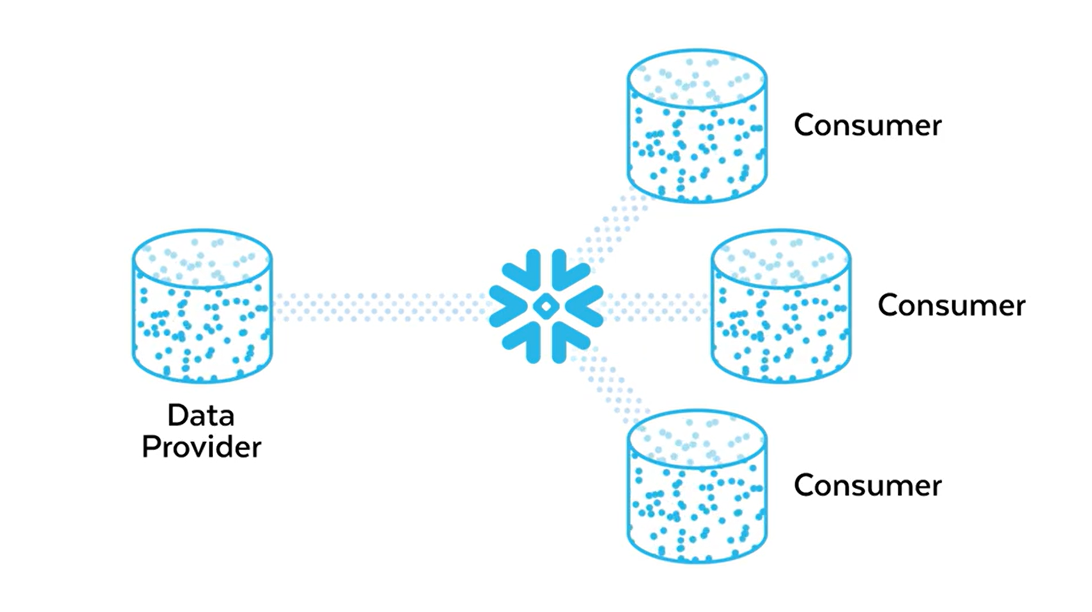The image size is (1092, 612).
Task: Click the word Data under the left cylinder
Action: pos(201,415)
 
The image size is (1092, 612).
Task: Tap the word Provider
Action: pos(201,447)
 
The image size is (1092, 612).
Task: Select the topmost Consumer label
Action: pos(867,125)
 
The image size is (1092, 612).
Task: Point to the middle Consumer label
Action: pos(952,305)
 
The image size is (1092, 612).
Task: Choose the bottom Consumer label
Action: pos(867,485)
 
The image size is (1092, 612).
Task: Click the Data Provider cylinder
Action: pos(202,306)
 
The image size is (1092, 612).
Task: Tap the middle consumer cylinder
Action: pos(781,306)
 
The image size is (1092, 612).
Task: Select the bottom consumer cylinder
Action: pos(696,486)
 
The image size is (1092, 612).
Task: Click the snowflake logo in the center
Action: pos(545,306)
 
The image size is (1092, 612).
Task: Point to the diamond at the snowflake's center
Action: pos(545,306)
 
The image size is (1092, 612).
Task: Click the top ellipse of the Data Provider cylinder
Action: pos(202,258)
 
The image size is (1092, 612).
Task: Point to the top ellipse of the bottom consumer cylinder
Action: pos(696,438)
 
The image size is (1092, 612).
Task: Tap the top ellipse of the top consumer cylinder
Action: pos(696,78)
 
